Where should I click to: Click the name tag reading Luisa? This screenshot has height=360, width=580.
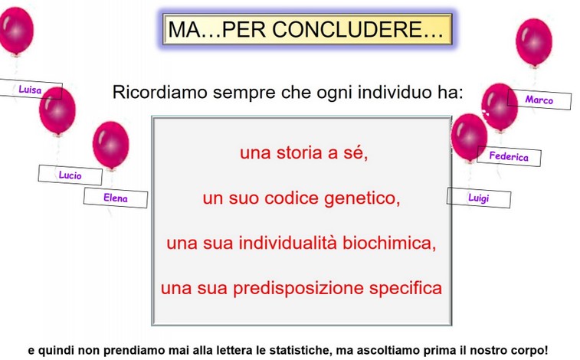[31, 89]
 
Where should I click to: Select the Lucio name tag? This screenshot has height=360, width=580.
[70, 175]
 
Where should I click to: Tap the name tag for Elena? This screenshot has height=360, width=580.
[116, 198]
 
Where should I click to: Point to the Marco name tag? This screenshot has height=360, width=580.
[539, 100]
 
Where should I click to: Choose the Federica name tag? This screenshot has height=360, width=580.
[509, 156]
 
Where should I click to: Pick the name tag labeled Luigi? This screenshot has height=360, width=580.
[479, 198]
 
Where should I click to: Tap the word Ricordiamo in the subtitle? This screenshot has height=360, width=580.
[160, 92]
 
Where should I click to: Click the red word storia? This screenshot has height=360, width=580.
[300, 152]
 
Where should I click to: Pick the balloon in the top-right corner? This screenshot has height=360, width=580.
[534, 42]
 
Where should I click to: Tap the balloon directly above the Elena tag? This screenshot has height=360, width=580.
[110, 146]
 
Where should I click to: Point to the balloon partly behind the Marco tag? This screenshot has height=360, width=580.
[499, 107]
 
